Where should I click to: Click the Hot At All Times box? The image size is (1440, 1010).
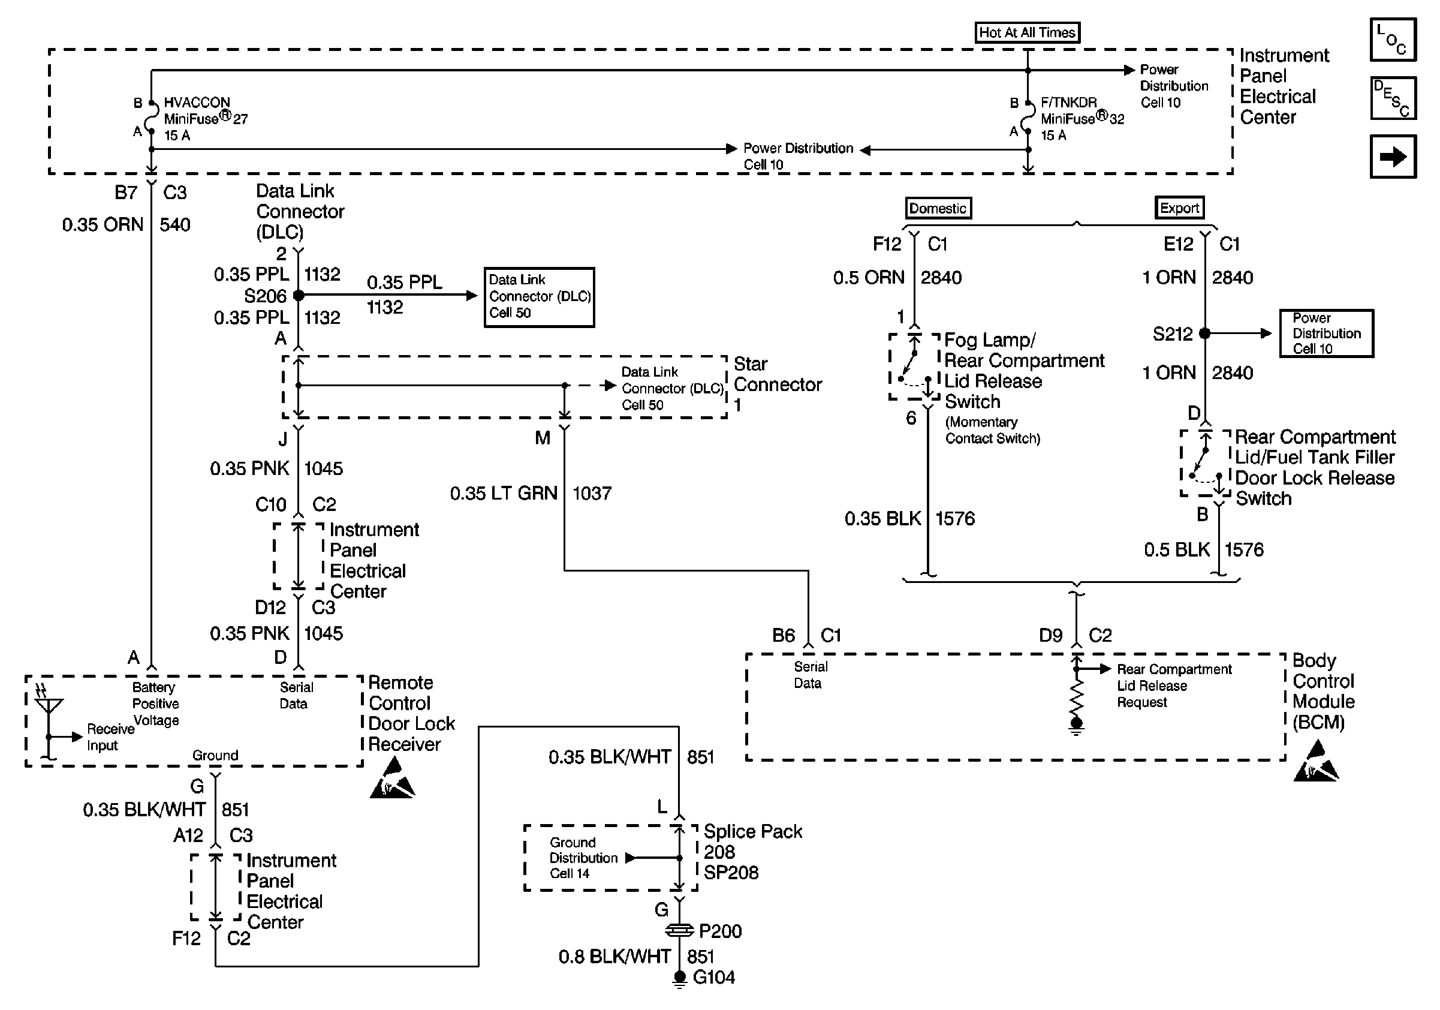pos(1027,32)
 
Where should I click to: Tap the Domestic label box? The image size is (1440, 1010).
pos(938,208)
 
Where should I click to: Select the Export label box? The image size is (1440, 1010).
pos(1179,208)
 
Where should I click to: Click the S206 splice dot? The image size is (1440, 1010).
pos(299,295)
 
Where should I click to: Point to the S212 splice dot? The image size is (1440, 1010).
pos(1205,333)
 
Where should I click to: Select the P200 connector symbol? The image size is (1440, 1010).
pos(679,931)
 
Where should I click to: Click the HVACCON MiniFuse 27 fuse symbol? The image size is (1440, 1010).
pos(151,118)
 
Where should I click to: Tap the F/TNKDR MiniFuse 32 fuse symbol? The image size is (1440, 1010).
pos(1028,118)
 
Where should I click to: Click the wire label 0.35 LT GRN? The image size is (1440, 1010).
pos(503,494)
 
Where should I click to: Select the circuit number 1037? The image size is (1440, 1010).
pos(592,494)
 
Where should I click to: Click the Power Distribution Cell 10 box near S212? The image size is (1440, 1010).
pos(1326,333)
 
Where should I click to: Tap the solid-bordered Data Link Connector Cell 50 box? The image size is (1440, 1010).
pos(539,297)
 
